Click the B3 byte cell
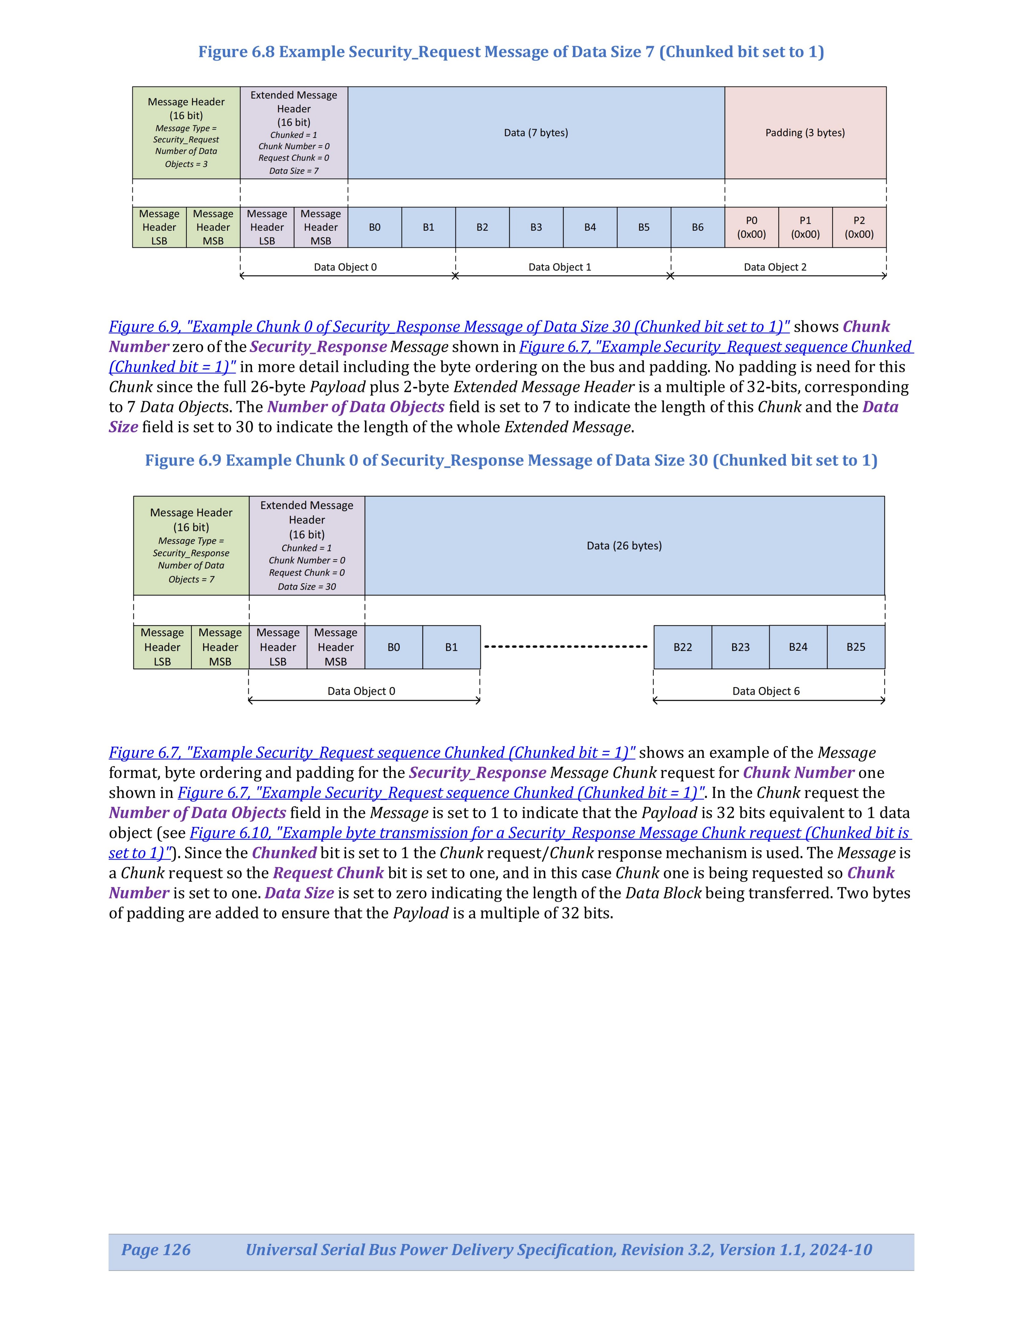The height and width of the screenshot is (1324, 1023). (x=536, y=227)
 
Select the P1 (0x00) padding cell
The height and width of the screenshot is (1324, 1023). (x=805, y=227)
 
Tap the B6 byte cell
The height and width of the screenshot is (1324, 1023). (x=698, y=227)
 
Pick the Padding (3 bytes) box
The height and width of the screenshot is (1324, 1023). (x=805, y=133)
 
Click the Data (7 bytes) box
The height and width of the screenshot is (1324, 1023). (x=536, y=133)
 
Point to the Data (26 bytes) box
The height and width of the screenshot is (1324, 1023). (x=624, y=546)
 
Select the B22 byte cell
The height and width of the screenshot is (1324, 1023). (x=682, y=647)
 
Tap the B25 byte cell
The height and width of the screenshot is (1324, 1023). (x=856, y=647)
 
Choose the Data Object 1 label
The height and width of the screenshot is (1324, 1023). (x=559, y=267)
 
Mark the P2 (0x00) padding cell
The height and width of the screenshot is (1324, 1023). (x=859, y=227)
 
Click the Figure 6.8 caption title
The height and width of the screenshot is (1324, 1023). (x=511, y=52)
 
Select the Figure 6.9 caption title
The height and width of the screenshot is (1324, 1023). (x=511, y=461)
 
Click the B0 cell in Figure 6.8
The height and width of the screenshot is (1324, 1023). (x=375, y=227)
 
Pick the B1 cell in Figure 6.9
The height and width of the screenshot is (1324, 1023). (x=452, y=647)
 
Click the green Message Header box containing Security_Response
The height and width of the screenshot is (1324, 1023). (x=191, y=546)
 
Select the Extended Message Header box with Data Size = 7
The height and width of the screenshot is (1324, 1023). (x=294, y=133)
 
